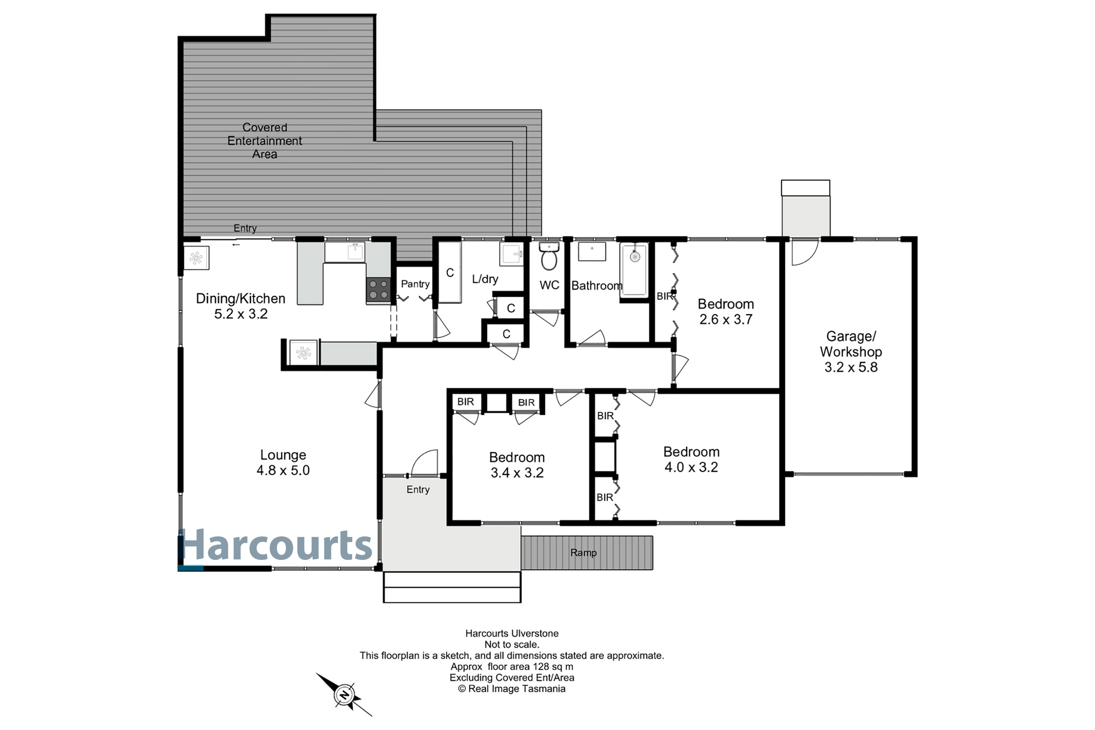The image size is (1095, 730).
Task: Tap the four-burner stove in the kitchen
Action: (379, 289)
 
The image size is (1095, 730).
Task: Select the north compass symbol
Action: (344, 695)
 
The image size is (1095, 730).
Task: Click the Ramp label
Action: (583, 553)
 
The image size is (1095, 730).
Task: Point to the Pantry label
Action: (415, 284)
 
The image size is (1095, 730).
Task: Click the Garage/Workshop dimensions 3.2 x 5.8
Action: (851, 367)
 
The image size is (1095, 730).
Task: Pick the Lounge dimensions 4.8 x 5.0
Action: (283, 470)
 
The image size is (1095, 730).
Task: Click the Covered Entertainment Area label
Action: (264, 141)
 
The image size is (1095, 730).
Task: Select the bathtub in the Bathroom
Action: (634, 270)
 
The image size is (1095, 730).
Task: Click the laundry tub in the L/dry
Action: (512, 254)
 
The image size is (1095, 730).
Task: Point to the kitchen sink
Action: (345, 252)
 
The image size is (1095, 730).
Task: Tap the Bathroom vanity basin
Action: (592, 251)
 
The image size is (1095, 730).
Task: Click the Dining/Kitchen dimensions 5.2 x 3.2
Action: (241, 314)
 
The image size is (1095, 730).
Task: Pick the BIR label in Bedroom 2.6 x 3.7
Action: (665, 296)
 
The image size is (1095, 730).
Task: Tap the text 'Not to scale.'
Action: (512, 644)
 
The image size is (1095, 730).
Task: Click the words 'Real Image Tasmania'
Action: (517, 688)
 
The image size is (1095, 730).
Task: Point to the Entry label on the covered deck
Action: (245, 228)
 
